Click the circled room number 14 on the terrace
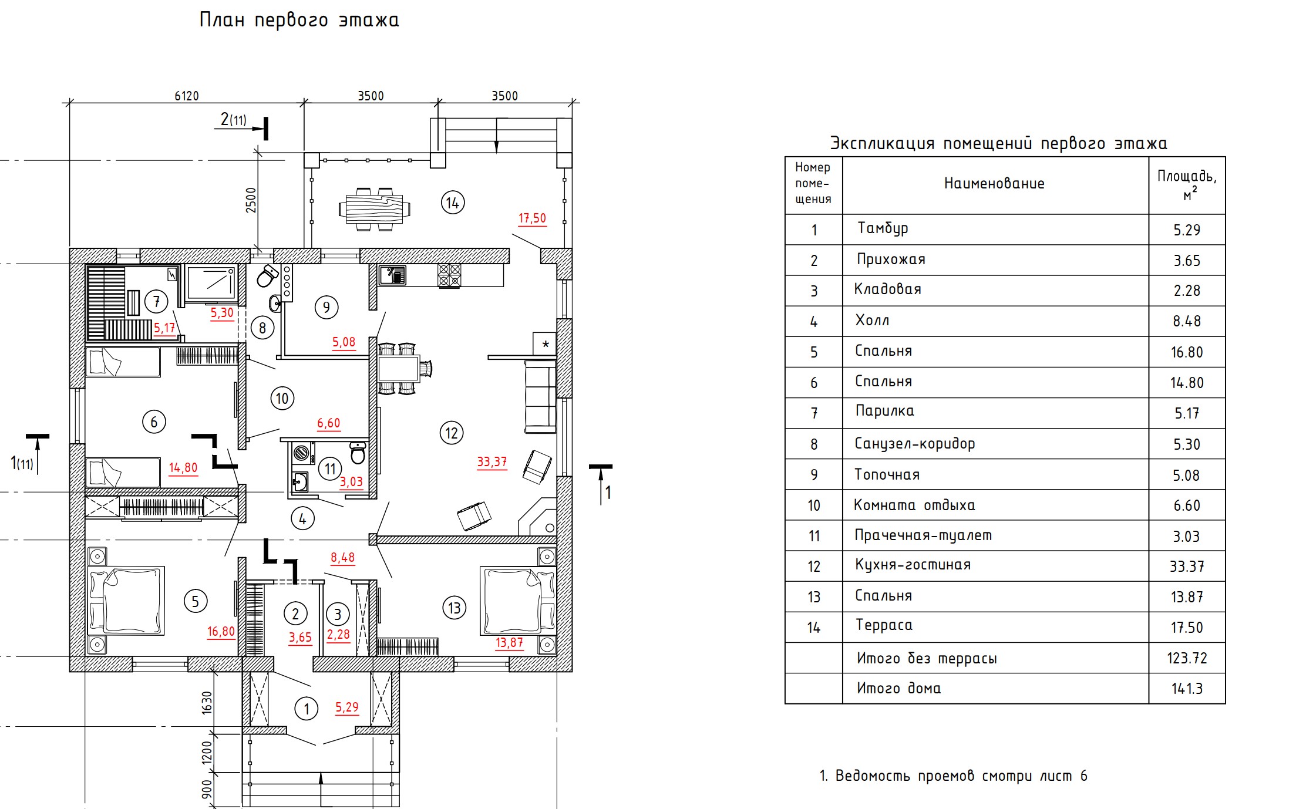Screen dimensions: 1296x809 coord(452,203)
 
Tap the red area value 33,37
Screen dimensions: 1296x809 coord(492,462)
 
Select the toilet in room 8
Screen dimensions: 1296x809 coord(267,275)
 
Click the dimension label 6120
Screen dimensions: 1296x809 coord(187,96)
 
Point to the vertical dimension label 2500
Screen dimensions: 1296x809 coord(251,200)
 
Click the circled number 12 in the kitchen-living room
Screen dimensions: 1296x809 coord(452,433)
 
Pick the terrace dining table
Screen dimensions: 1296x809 coord(375,209)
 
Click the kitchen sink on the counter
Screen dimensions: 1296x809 coord(392,275)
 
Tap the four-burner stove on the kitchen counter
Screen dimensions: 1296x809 coord(449,275)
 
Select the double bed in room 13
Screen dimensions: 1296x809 coord(517,601)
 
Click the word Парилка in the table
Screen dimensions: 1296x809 coord(884,411)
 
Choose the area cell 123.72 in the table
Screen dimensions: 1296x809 coord(1187,658)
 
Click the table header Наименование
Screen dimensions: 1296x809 coord(994,184)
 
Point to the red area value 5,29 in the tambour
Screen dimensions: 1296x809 coord(346,707)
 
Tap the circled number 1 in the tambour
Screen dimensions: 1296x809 coord(306,709)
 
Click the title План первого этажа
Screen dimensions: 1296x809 coord(299,21)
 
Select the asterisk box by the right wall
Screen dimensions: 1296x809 coord(544,343)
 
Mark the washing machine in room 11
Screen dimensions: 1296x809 coord(302,453)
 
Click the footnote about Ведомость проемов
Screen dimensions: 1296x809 coord(953,776)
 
